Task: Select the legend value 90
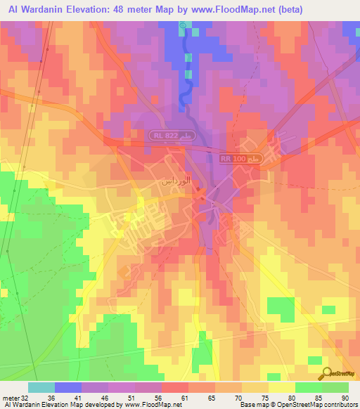[x=345, y=397]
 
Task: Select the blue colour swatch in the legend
[x=67, y=387]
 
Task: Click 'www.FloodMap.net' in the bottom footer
[x=144, y=405]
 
